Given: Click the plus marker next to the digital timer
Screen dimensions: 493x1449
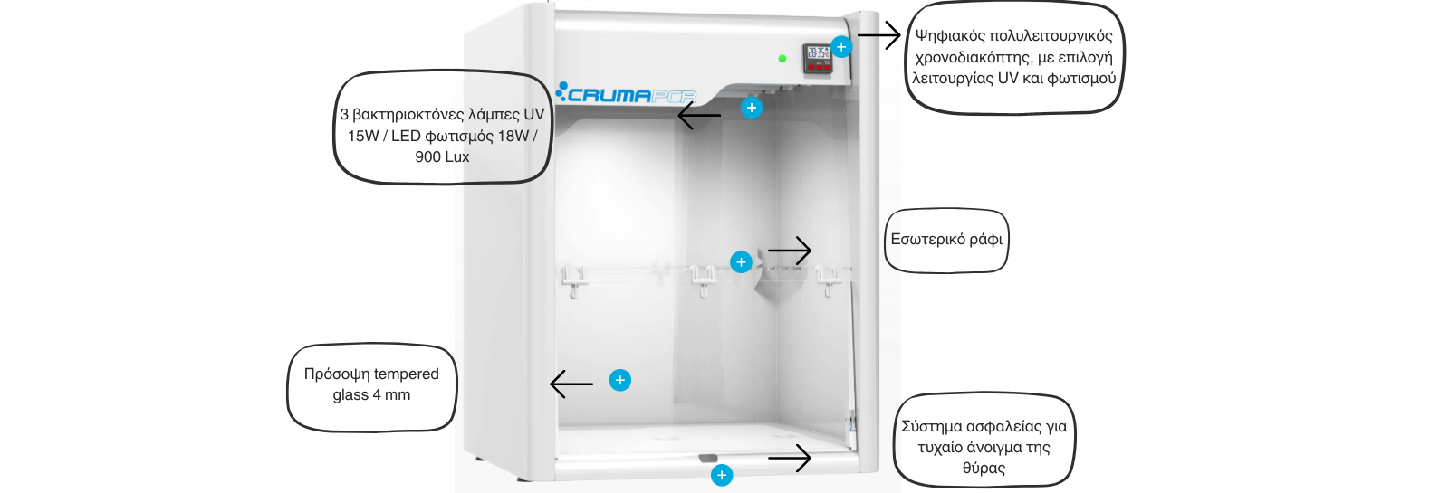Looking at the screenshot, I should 841,47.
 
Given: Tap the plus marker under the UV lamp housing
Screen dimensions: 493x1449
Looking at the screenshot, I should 751,108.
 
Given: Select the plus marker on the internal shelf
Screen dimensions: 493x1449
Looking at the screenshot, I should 741,262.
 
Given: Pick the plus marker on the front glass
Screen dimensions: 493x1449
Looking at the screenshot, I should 619,380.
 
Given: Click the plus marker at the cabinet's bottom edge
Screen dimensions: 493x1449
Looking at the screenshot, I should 722,475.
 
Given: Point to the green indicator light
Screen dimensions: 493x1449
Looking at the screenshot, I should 782,59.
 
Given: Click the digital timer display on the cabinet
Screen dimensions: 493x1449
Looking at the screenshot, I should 818,57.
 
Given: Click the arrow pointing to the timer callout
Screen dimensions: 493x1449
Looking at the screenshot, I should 878,36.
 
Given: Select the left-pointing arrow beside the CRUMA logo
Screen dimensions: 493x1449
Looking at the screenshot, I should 699,115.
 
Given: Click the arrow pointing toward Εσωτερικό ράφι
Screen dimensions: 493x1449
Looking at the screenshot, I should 790,251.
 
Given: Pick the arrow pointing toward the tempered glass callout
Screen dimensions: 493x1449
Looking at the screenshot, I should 571,384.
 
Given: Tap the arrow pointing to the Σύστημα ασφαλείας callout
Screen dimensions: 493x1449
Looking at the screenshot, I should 790,458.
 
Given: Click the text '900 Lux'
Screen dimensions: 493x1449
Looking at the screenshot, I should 442,156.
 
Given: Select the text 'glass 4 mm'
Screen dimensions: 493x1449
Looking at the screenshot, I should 371,394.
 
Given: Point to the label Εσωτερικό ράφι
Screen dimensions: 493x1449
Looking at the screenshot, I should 946,240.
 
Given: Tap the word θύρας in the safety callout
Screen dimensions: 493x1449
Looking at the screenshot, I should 984,468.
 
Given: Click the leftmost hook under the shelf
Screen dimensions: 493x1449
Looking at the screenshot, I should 572,282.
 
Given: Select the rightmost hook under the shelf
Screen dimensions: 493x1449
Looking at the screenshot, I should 827,281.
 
